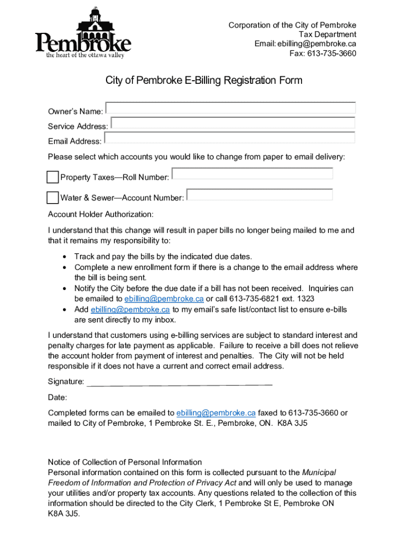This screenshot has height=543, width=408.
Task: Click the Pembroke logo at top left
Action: pyautogui.click(x=83, y=33)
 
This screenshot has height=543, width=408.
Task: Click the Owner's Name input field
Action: pyautogui.click(x=230, y=108)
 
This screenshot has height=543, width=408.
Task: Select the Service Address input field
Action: pyautogui.click(x=233, y=123)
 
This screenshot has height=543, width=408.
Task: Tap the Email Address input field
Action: pyautogui.click(x=229, y=138)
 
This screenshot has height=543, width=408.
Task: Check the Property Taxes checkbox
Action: pyautogui.click(x=52, y=177)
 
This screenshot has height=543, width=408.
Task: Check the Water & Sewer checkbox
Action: pyautogui.click(x=52, y=198)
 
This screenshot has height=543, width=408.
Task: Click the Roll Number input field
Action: pyautogui.click(x=252, y=174)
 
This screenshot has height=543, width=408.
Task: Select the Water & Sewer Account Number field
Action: pyautogui.click(x=260, y=195)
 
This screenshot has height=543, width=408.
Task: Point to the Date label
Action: pyautogui.click(x=57, y=397)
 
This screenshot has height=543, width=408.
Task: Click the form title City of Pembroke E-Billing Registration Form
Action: pyautogui.click(x=204, y=81)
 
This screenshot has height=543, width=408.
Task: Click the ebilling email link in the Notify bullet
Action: pyautogui.click(x=164, y=299)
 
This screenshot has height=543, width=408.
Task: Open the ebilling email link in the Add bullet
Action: pyautogui.click(x=130, y=309)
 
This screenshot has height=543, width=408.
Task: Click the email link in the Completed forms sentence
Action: pyautogui.click(x=216, y=413)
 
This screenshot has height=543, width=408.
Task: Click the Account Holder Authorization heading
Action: pyautogui.click(x=101, y=214)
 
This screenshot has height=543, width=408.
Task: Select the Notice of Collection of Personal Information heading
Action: pyautogui.click(x=125, y=462)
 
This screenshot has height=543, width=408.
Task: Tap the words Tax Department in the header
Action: pyautogui.click(x=331, y=34)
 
